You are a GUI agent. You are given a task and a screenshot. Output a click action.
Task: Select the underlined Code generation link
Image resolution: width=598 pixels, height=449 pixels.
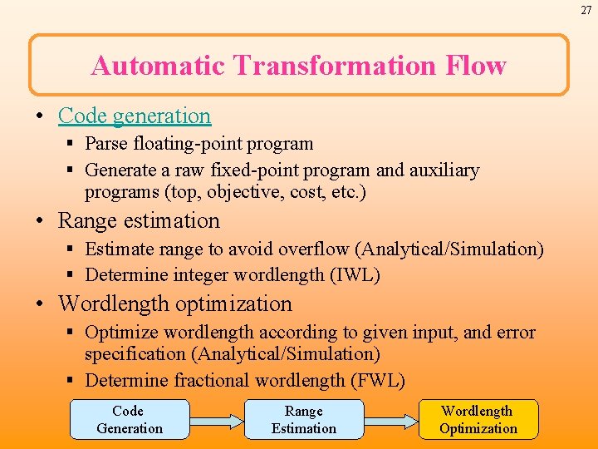pyautogui.click(x=135, y=116)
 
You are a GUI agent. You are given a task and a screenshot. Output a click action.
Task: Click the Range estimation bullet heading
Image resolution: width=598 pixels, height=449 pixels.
pyautogui.click(x=139, y=220)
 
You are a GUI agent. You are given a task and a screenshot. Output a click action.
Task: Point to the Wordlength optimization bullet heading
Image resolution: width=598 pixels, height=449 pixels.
pyautogui.click(x=174, y=303)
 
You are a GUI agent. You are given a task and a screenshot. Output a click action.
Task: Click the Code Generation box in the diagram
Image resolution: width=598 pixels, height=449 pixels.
pyautogui.click(x=129, y=420)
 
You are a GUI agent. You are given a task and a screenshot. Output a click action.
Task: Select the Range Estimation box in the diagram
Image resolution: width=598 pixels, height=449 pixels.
pyautogui.click(x=304, y=420)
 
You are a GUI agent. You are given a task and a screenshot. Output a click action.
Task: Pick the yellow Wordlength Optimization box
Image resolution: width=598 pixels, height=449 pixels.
pyautogui.click(x=478, y=420)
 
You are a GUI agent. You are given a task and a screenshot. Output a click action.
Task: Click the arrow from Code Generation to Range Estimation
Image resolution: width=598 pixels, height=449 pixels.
pyautogui.click(x=216, y=420)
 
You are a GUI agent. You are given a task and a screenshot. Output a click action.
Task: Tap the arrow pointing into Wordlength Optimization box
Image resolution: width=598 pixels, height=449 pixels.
pyautogui.click(x=390, y=420)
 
